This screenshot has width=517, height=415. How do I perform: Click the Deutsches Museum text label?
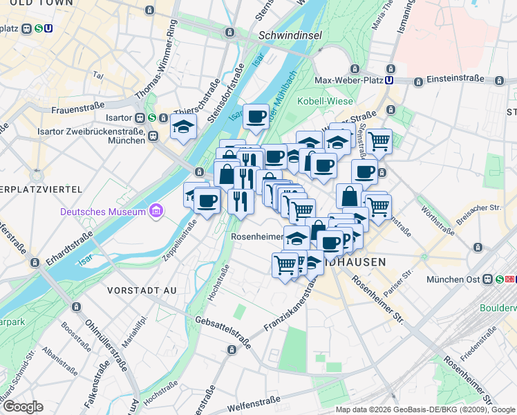click(103, 211)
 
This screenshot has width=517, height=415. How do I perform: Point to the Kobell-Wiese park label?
click(321, 102)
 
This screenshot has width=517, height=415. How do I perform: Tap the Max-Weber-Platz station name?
click(348, 80)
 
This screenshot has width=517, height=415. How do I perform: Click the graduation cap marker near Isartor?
click(183, 127)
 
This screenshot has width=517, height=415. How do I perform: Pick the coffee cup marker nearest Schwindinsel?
click(256, 116)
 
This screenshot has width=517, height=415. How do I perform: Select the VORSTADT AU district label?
click(142, 289)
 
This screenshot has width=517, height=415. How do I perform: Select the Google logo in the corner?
click(22, 406)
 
